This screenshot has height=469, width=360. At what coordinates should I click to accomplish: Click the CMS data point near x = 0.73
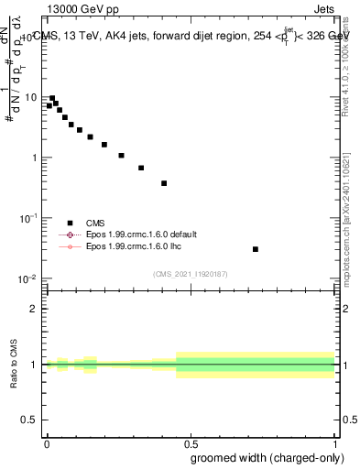pyautogui.click(x=256, y=249)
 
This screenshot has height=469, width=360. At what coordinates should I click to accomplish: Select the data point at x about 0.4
pyautogui.click(x=164, y=183)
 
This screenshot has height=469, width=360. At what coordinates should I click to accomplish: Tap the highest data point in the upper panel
pyautogui.click(x=52, y=98)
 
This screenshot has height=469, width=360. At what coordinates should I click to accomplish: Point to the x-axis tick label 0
pyautogui.click(x=46, y=442)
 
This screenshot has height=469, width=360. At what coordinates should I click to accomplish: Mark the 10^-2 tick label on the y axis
pyautogui.click(x=27, y=278)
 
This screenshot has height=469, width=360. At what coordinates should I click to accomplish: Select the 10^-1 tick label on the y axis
pyautogui.click(x=27, y=217)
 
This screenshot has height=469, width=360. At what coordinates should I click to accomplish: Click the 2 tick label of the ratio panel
pyautogui.click(x=35, y=309)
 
